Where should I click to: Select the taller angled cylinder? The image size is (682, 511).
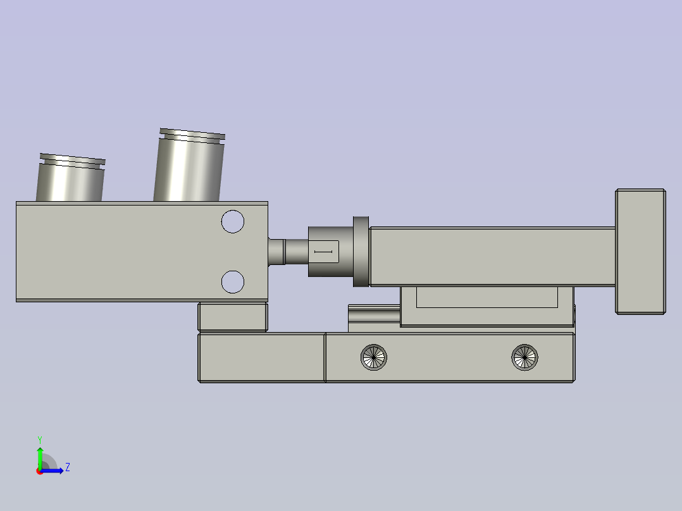point(189,165)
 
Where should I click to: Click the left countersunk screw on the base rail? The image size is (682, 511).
point(374,357)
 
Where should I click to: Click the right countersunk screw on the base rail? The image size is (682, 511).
point(524,357)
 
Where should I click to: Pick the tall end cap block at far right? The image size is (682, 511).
point(640,251)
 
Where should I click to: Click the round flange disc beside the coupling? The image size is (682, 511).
point(361,251)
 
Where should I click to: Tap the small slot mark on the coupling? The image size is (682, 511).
point(323,252)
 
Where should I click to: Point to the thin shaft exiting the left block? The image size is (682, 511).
point(288,251)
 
